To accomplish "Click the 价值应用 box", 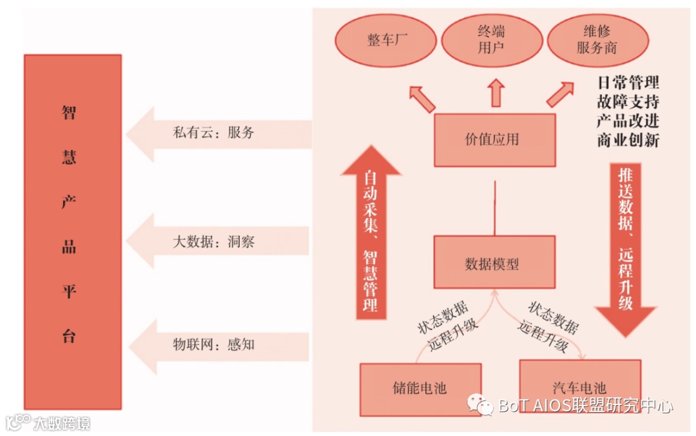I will click(494, 140).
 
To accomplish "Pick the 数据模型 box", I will click(494, 262).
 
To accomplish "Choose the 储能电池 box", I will click(420, 388).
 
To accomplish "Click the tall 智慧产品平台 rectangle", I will click(72, 232).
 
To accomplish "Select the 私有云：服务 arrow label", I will click(213, 132).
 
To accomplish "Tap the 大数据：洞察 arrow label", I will click(213, 242).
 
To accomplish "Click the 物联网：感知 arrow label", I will click(213, 344).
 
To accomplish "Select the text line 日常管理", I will click(628, 83).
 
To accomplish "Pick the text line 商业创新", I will click(628, 141).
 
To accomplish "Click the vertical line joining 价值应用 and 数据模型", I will click(494, 208).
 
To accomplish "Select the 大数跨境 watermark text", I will click(62, 423).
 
